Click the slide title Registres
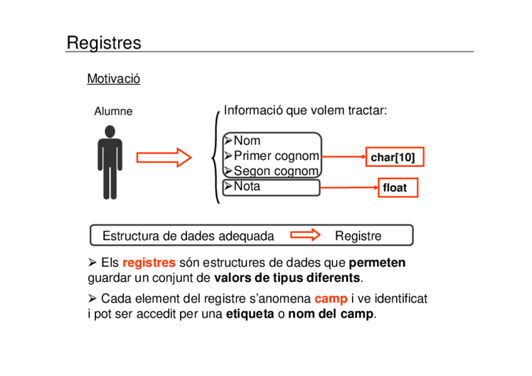click(104, 43)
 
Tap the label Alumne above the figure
click(114, 111)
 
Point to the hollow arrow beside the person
click(164, 157)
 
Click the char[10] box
click(393, 157)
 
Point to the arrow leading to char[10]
click(343, 157)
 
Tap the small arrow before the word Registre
click(306, 235)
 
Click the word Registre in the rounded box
click(358, 236)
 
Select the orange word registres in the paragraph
click(149, 262)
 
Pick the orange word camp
click(331, 299)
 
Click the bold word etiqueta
click(250, 314)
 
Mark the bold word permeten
click(377, 262)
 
